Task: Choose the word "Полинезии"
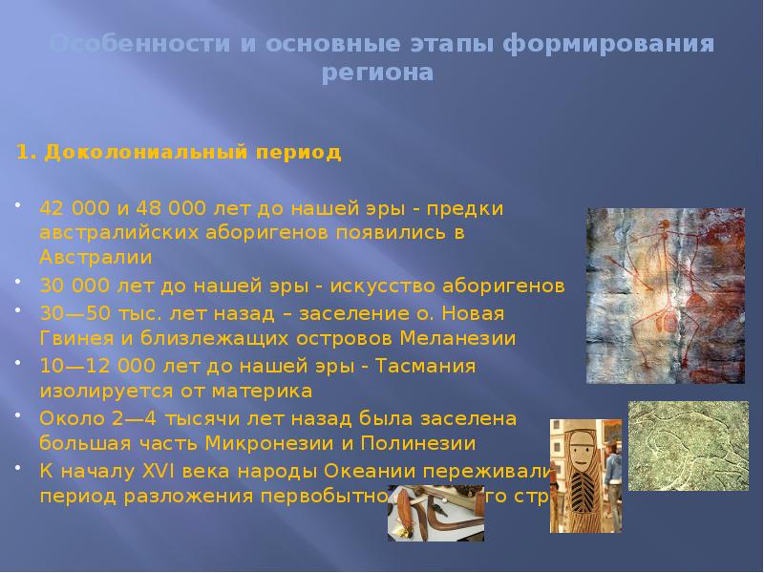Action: [x=420, y=444]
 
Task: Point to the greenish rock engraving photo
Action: [x=695, y=449]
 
